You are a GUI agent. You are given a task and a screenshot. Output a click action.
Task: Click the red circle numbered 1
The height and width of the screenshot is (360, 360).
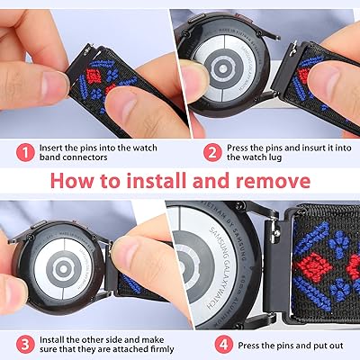click(x=25, y=153)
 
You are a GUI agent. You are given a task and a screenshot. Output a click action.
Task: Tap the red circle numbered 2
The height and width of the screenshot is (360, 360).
click(x=212, y=153)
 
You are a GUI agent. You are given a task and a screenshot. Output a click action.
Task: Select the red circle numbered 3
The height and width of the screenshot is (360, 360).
click(x=25, y=345)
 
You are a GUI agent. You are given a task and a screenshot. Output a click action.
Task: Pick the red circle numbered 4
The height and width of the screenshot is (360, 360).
click(x=224, y=345)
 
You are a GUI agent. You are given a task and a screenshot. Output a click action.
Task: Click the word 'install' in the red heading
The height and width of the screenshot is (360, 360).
click(x=155, y=181)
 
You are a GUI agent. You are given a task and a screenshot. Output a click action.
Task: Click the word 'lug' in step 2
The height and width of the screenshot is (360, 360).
click(x=276, y=157)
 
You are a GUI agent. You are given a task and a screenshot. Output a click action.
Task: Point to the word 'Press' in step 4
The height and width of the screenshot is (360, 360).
click(x=248, y=346)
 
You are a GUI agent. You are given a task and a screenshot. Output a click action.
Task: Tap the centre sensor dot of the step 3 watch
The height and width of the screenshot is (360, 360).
click(x=63, y=269)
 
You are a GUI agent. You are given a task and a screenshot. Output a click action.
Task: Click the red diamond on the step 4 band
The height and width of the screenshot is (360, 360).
click(x=313, y=265)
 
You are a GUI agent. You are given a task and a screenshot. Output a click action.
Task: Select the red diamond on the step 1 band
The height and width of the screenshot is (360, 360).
click(x=93, y=76)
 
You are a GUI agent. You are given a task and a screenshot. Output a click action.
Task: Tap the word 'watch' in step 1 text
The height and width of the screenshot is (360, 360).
click(x=145, y=148)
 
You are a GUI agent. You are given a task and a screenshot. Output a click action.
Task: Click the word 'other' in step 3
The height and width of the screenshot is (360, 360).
click(x=90, y=340)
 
